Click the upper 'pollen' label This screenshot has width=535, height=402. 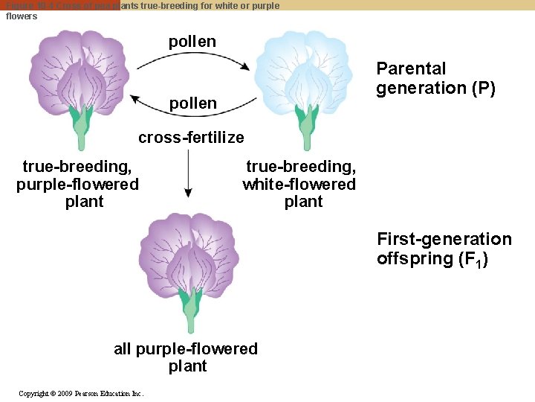coord(192,42)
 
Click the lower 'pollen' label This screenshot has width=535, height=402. coord(193,103)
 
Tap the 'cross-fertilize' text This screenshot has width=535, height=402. coord(191,138)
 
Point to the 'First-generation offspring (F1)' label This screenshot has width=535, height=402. coord(444,249)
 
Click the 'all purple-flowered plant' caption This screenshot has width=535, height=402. coord(186,357)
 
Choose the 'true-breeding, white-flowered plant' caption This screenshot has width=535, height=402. coord(299,184)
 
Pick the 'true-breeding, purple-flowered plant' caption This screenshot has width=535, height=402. coord(78,184)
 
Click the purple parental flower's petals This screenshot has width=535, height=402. coord(78,67)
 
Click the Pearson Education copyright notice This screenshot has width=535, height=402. coord(81,393)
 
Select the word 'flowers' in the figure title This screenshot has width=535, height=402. coord(22,16)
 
